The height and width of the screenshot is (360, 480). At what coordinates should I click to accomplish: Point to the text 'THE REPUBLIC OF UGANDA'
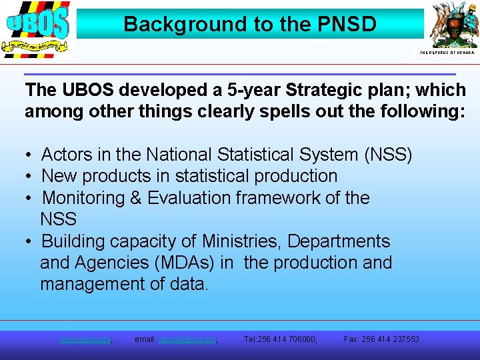pos(447,52)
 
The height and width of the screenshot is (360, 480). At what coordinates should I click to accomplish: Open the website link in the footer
pos(85,339)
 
